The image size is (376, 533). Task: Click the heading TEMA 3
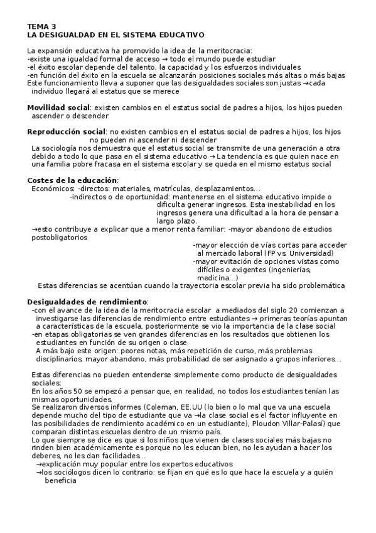pyautogui.click(x=41, y=27)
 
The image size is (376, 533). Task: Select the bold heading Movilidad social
pyautogui.click(x=58, y=107)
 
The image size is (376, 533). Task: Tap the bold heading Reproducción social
pyautogui.click(x=66, y=131)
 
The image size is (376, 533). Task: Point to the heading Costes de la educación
pyautogui.click(x=72, y=180)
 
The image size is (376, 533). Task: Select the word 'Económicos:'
pyautogui.click(x=53, y=189)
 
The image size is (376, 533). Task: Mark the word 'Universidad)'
pyautogui.click(x=311, y=253)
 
